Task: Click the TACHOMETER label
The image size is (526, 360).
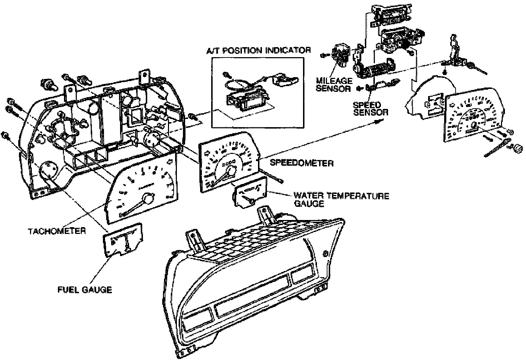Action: pyautogui.click(x=57, y=231)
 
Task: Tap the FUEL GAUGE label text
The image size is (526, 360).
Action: pyautogui.click(x=85, y=289)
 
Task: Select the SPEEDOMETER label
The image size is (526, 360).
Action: pyautogui.click(x=302, y=163)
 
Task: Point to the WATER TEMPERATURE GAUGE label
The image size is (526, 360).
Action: pyautogui.click(x=341, y=200)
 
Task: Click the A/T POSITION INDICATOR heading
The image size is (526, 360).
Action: pyautogui.click(x=258, y=50)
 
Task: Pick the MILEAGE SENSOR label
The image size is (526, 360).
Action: pyautogui.click(x=334, y=85)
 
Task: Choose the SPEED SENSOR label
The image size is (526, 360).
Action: pyautogui.click(x=370, y=109)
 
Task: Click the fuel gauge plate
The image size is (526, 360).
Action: pyautogui.click(x=123, y=240)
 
